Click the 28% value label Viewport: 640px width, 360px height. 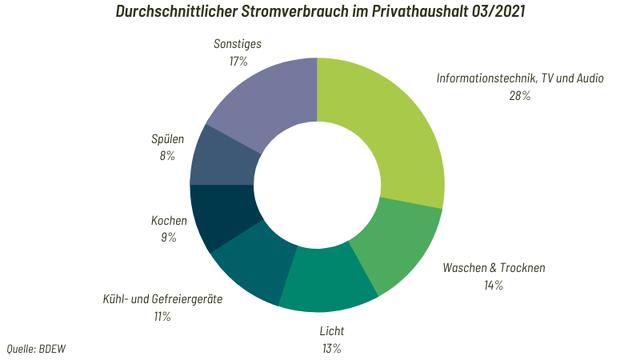tap(518, 96)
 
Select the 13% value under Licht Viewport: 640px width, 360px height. tap(331, 347)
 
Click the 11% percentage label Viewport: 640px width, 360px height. tap(159, 316)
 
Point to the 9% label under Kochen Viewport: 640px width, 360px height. tap(167, 237)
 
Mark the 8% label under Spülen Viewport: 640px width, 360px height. tap(167, 156)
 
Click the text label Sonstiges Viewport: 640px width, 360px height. tap(239, 44)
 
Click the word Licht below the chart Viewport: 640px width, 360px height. tap(331, 330)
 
